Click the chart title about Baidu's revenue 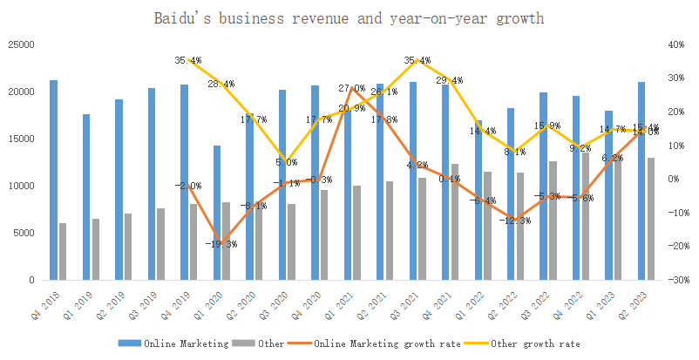tap(349, 17)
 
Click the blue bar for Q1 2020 tap(217, 213)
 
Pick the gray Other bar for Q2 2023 tap(651, 219)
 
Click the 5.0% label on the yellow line tap(286, 162)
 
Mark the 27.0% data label tap(351, 88)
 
